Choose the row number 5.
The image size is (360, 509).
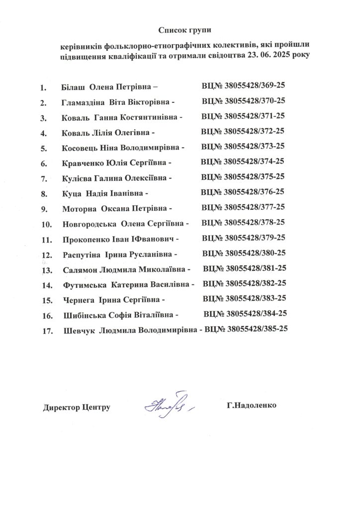44,148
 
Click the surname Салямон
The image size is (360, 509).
81,270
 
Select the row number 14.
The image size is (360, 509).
48,285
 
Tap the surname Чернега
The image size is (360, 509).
79,300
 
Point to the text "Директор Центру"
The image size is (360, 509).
77,407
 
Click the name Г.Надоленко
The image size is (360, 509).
251,405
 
